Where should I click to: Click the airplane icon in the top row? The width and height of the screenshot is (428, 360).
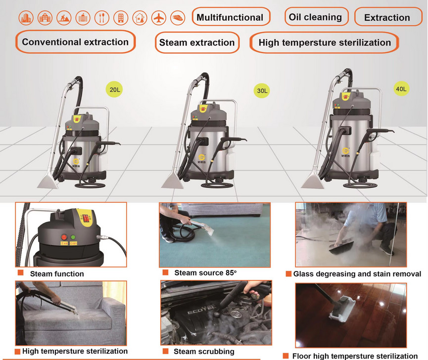coord(159,18)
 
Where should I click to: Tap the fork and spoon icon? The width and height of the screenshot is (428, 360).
coord(102,18)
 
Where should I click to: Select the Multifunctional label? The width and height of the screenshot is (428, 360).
coord(231,17)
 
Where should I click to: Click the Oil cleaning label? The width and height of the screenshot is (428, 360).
coord(316,17)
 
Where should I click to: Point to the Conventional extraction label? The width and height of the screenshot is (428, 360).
coord(75,42)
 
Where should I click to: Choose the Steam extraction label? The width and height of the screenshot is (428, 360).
coord(197,43)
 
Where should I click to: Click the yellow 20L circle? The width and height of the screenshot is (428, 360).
coord(114,90)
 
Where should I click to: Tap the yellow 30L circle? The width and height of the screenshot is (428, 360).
coord(262,91)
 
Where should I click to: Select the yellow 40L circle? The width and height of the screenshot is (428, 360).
coord(401,89)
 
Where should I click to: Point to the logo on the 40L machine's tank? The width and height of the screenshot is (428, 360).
coord(345,152)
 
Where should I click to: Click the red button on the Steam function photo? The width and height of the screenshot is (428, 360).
coord(64,237)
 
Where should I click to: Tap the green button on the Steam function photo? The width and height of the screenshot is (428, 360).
coord(73,237)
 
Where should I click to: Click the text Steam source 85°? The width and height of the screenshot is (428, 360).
coord(205,273)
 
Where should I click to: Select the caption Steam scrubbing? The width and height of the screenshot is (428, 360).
coord(204,351)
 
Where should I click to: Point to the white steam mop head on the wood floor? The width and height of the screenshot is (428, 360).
coord(342,309)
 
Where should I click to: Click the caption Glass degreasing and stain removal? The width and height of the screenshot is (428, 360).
coord(357,274)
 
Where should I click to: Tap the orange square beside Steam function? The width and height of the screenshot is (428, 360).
coord(20,273)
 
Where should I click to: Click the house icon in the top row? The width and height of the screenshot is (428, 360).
coord(140,18)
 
